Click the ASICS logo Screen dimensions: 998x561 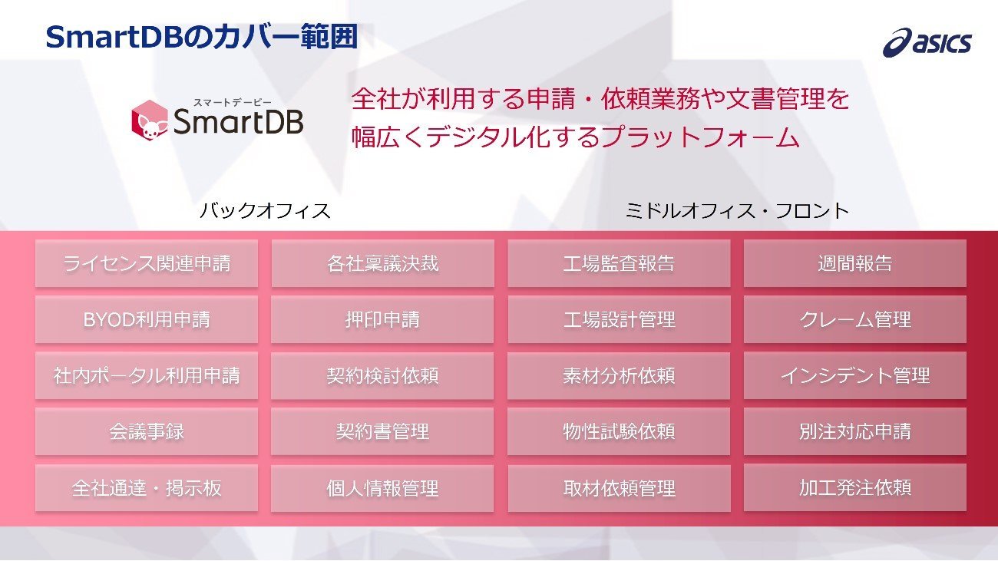927,43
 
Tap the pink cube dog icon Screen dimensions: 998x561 150,119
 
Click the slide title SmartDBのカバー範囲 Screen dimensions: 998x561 202,37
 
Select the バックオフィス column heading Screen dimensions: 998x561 265,210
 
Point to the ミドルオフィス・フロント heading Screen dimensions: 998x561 737,210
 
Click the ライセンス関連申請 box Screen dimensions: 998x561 147,263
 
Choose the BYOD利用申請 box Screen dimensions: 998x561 147,320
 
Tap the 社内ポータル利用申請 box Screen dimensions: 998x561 147,376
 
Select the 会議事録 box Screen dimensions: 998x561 147,431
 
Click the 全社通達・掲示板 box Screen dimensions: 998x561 147,488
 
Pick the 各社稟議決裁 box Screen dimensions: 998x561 383,263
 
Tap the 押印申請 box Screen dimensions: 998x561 383,320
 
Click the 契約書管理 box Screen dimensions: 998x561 383,431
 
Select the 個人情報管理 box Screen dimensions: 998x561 383,488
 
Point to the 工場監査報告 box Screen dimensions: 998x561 619,263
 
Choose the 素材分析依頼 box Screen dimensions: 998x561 619,376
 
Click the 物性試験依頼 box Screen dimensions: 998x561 619,431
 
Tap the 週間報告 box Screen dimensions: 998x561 855,263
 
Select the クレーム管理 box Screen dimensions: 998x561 855,320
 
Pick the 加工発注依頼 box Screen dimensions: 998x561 855,488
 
